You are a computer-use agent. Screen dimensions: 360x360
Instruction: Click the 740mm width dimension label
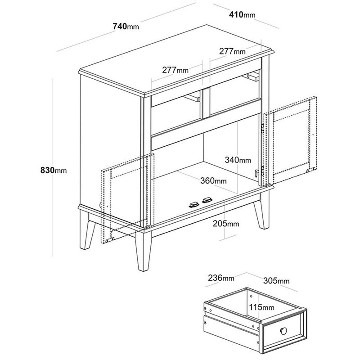pos(126,27)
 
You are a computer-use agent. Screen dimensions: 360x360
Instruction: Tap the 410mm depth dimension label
pos(242,15)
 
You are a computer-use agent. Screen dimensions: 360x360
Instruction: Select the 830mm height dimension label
pos(54,171)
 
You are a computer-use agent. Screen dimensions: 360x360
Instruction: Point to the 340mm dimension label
pos(238,160)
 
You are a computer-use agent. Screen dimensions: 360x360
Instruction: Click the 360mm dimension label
pos(213,181)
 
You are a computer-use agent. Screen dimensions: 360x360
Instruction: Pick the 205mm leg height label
pos(226,223)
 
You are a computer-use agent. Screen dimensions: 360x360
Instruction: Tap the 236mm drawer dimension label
pos(221,278)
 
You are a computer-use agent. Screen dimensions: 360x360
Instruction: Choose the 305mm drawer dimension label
pos(276,280)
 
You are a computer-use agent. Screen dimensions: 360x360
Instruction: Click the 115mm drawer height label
pos(262,307)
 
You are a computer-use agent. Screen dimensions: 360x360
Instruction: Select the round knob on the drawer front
pos(283,331)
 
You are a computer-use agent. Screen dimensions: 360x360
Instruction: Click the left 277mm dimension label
pos(175,70)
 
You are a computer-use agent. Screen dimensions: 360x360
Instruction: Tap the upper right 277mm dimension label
pos(232,51)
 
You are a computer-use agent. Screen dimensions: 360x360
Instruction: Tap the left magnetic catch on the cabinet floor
pos(194,205)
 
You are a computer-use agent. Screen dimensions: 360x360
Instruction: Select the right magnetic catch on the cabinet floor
pos(207,200)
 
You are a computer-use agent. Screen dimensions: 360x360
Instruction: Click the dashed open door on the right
pos(290,140)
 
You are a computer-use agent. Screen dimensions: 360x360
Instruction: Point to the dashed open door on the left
pos(128,198)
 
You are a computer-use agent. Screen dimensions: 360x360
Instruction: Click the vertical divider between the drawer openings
pos(205,103)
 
